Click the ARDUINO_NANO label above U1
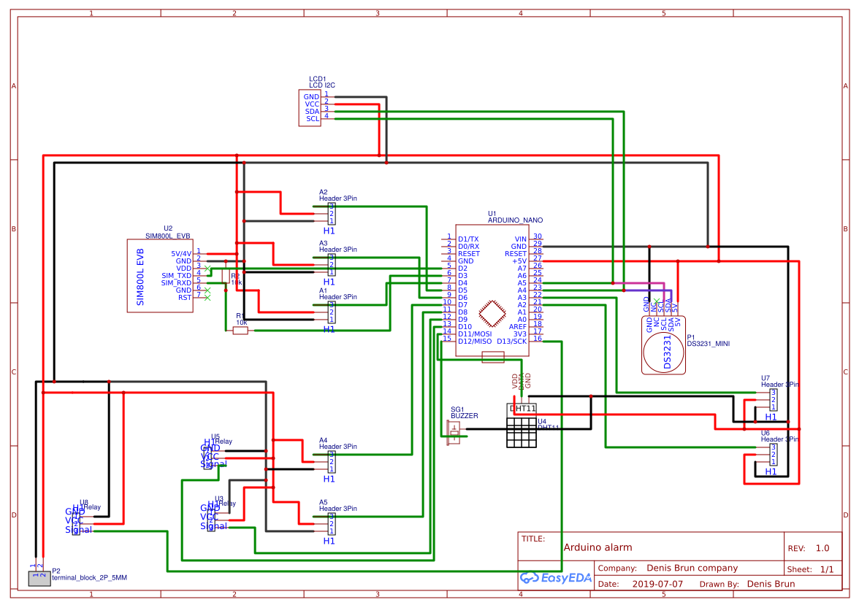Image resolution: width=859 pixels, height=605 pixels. [515, 220]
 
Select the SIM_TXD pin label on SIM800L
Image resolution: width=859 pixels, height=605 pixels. [176, 275]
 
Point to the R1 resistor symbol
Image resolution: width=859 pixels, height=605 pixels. [240, 331]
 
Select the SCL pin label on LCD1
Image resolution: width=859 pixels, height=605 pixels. [313, 118]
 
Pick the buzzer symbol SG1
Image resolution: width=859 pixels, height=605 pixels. [454, 431]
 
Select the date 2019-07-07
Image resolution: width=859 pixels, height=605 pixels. [657, 584]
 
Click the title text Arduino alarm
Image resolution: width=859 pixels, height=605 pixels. [598, 547]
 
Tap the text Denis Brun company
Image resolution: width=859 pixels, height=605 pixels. [692, 568]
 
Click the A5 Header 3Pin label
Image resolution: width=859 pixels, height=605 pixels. [337, 509]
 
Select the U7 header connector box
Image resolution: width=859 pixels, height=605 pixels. [773, 400]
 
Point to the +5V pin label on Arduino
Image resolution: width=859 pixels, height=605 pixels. [519, 261]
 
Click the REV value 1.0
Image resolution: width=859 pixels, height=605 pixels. [822, 548]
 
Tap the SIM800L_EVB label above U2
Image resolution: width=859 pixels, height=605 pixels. [168, 236]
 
